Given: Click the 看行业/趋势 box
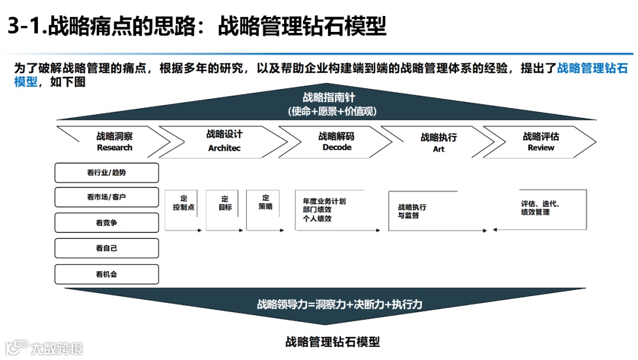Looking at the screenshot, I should [x=107, y=173].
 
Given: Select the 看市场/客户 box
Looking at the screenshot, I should [x=107, y=197].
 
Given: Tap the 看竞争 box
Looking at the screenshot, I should [x=107, y=223].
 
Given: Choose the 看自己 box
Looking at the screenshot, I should [x=107, y=248].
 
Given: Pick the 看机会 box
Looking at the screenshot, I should [x=107, y=274].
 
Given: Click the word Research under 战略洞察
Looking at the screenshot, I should [x=115, y=148].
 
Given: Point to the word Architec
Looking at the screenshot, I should [x=224, y=148].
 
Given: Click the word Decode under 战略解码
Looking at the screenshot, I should [x=337, y=147].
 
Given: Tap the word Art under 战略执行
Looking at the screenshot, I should [x=438, y=149].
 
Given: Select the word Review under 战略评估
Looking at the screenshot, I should [x=541, y=148].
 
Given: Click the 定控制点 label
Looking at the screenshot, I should [x=184, y=203].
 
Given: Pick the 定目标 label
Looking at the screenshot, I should [x=225, y=203].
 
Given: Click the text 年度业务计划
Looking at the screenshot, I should [x=324, y=202].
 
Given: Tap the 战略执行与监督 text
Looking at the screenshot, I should [x=412, y=212].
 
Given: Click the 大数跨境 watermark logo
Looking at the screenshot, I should [x=44, y=348].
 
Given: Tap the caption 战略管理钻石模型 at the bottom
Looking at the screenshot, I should [x=332, y=342].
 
